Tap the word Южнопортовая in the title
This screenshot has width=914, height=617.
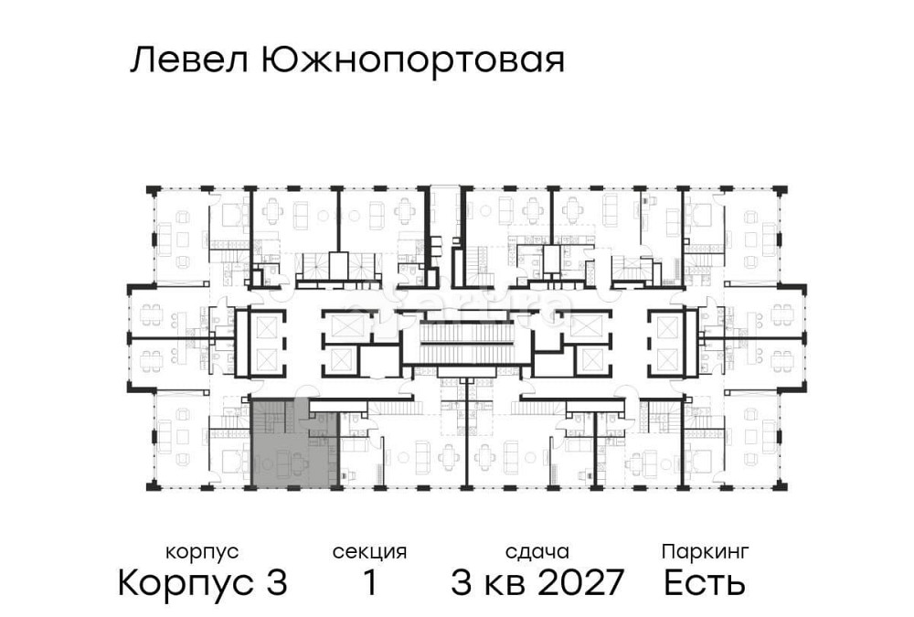pyautogui.click(x=412, y=62)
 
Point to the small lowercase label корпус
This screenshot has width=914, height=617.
pyautogui.click(x=202, y=551)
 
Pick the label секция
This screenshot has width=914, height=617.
pyautogui.click(x=369, y=551)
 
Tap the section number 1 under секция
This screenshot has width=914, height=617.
pyautogui.click(x=370, y=582)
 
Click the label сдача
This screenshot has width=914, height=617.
pyautogui.click(x=537, y=551)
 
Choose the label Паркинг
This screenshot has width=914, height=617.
pyautogui.click(x=706, y=551)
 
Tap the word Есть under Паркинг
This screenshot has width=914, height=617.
pyautogui.click(x=705, y=582)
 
